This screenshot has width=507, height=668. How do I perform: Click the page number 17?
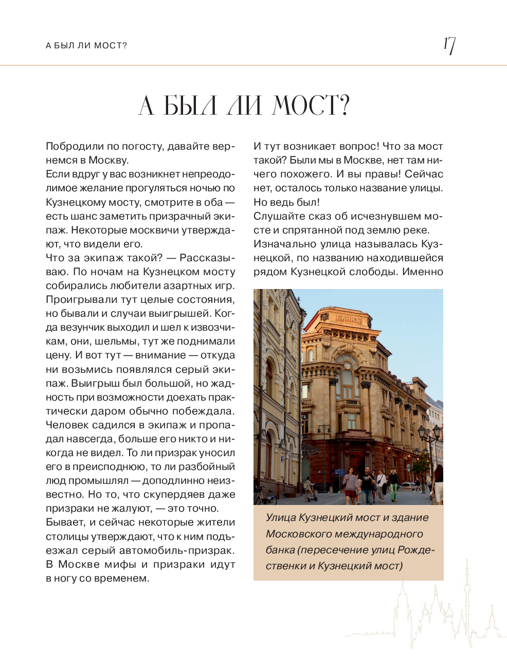[449, 45]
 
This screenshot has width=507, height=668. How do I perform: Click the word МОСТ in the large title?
[304, 105]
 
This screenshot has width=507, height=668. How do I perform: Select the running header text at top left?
[86, 45]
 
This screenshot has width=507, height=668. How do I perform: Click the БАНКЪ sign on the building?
[349, 319]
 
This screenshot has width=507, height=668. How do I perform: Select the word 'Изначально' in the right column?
[283, 244]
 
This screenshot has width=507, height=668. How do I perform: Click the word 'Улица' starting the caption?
[280, 517]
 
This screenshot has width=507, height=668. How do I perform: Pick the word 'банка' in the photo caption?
[280, 550]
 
